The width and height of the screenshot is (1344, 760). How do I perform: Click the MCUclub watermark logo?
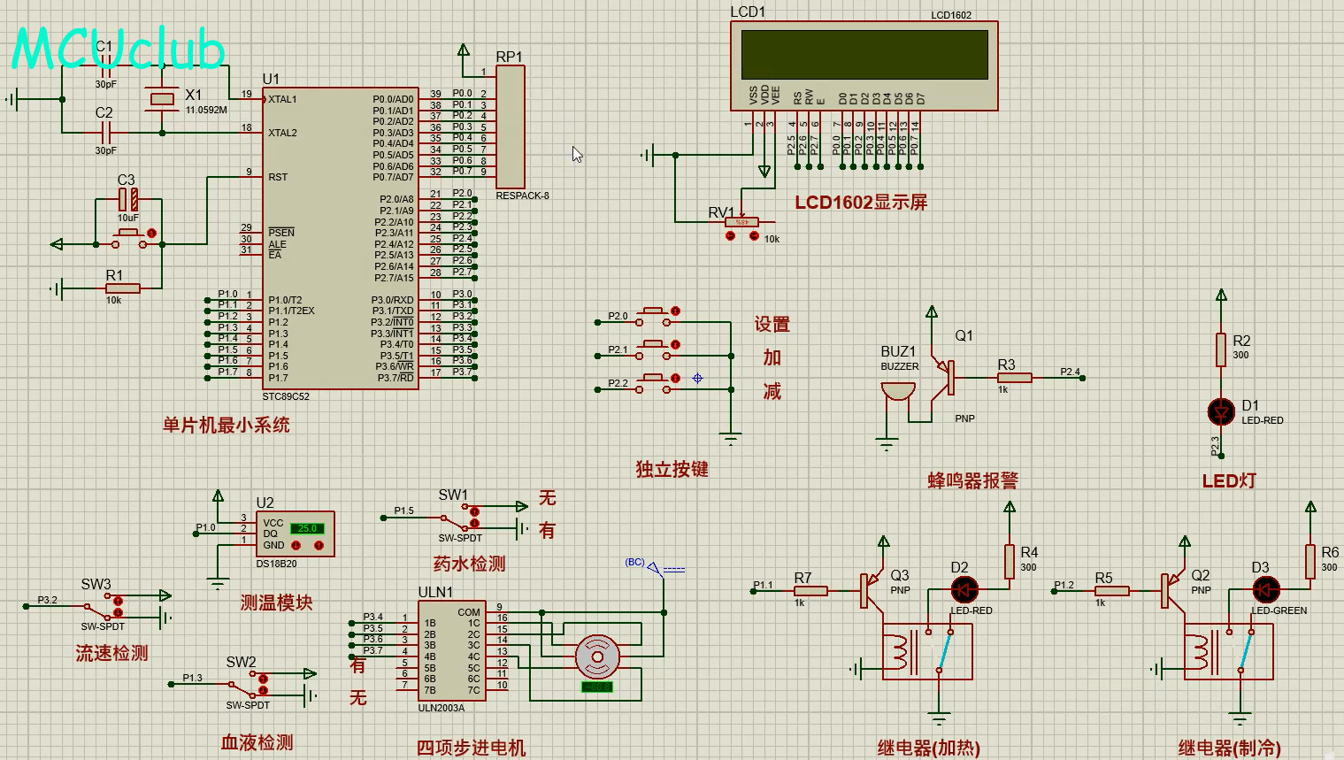[x=119, y=50]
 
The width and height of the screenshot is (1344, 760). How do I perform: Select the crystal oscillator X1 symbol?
[x=162, y=99]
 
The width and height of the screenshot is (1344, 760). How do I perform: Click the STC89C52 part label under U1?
[x=286, y=396]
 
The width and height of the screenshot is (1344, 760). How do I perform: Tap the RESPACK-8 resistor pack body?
[x=511, y=127]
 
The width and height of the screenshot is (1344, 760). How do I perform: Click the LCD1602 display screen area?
[x=864, y=55]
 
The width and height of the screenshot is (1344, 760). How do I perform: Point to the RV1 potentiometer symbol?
[x=741, y=223]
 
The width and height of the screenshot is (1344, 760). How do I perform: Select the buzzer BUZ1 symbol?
[x=897, y=391]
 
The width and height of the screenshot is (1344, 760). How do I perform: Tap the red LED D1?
[x=1221, y=411]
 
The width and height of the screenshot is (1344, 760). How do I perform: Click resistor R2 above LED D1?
[x=1221, y=349]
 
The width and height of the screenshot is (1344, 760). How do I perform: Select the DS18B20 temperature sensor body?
[x=295, y=534]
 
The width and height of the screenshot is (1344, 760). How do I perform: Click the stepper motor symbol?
[x=597, y=656]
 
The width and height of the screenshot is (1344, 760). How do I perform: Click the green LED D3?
[x=1265, y=589]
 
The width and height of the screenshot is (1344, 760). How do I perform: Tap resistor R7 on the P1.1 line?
[x=810, y=591]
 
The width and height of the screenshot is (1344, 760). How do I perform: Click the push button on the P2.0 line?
[x=655, y=311]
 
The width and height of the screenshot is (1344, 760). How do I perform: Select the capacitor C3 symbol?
[x=129, y=199]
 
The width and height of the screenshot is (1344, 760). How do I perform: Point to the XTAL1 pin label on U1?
[x=282, y=99]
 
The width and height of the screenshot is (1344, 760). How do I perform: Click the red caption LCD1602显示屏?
[x=860, y=203]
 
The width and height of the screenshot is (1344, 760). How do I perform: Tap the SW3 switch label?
[x=96, y=585]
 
